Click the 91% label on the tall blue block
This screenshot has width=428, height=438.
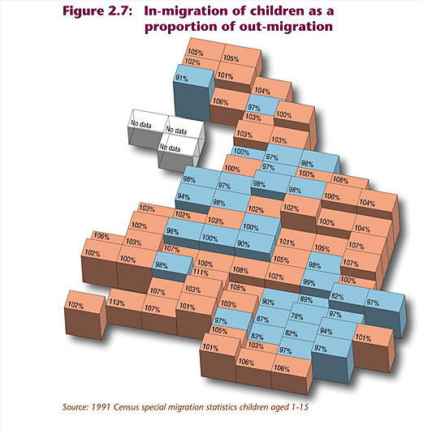[182, 79]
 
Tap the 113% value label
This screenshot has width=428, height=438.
[117, 303]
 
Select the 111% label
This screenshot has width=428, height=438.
[201, 272]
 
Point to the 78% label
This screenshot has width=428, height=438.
[296, 316]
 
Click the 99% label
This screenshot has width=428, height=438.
[309, 282]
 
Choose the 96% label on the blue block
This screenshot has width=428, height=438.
[172, 231]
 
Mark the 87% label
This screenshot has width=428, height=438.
[262, 319]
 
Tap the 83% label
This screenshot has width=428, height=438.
[257, 336]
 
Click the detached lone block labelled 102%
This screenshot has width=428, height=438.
[85, 315]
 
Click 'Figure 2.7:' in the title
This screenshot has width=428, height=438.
[97, 11]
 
